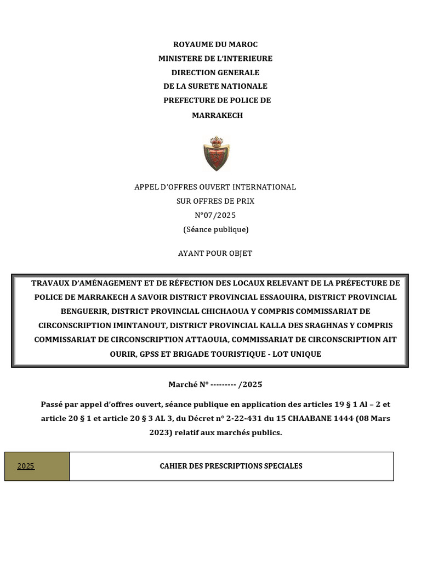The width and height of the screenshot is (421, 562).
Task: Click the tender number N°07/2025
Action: point(215,215)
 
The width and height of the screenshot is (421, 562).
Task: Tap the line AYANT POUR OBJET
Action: point(215,253)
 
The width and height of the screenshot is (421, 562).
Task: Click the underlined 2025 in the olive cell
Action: point(26,467)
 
